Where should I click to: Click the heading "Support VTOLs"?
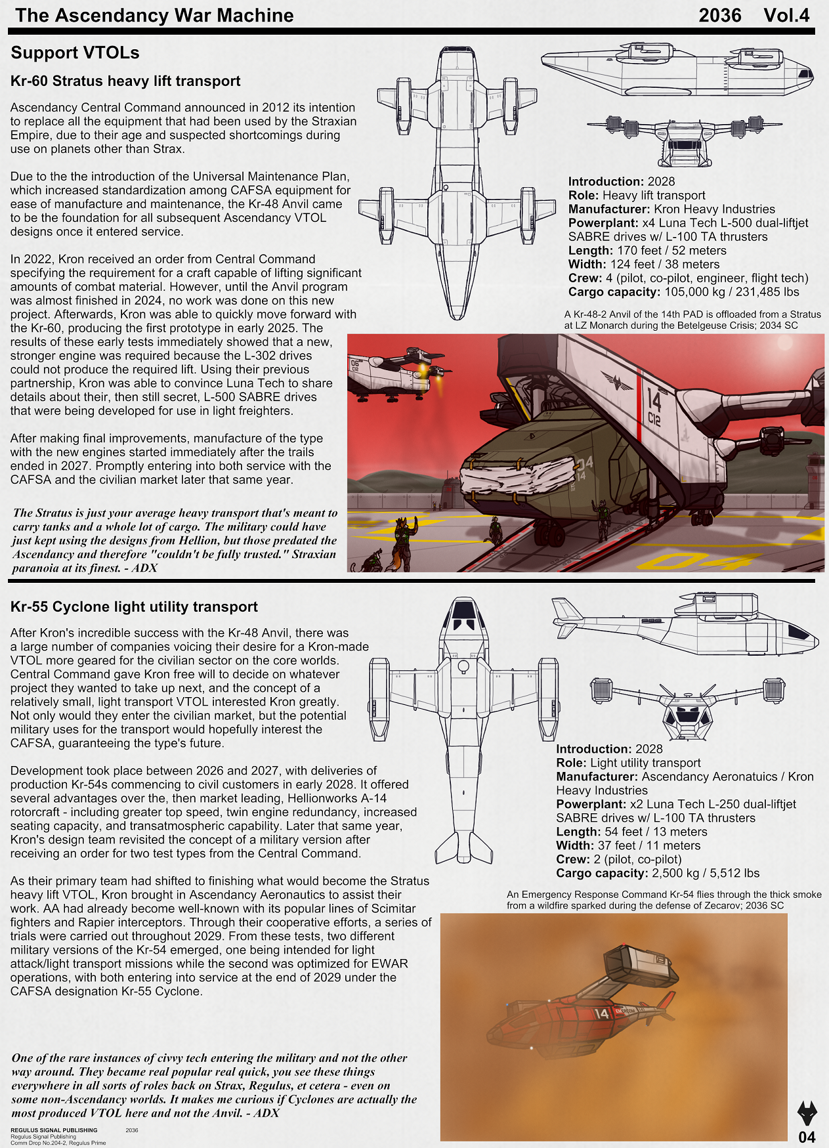[x=75, y=53]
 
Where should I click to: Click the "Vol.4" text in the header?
[x=786, y=16]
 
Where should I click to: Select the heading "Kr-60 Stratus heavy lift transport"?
[x=125, y=81]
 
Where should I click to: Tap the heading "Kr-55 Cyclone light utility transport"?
[x=134, y=607]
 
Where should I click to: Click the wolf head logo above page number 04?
[x=807, y=1113]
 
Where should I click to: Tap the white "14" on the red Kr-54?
[x=601, y=1013]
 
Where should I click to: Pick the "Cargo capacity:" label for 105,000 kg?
[x=614, y=292]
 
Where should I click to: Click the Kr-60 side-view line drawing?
[x=676, y=70]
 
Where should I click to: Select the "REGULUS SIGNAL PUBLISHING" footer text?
[x=54, y=1130]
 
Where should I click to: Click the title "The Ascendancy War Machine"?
[x=154, y=16]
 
